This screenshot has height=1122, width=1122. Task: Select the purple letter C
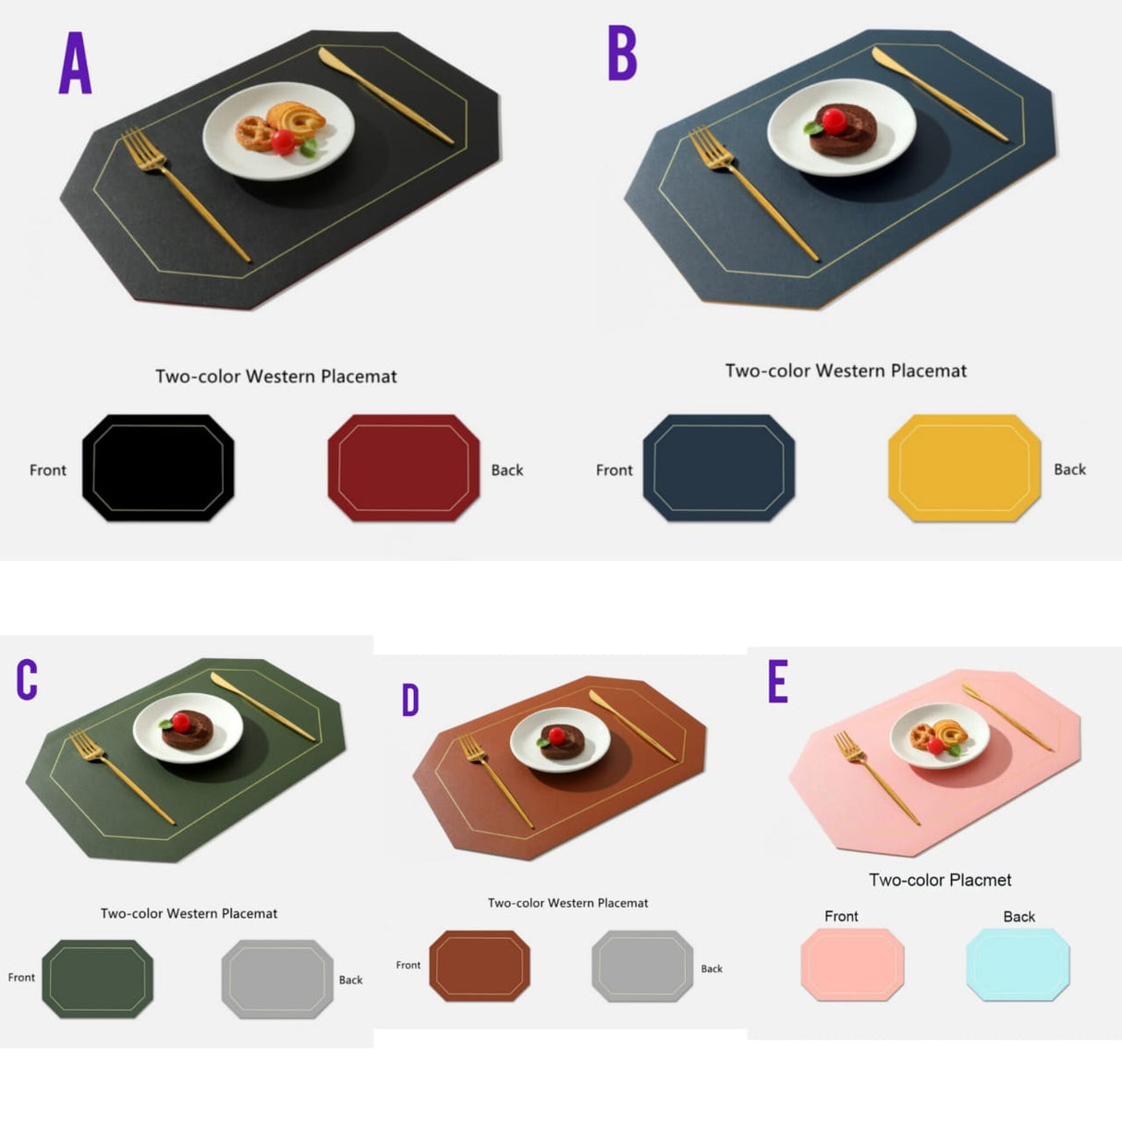27,679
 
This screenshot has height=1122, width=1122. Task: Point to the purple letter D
410,701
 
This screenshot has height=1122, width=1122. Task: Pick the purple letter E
778,682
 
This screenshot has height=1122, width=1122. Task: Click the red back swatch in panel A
404,468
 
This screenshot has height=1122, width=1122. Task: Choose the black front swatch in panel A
158,468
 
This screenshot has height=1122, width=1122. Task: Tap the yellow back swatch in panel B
964,468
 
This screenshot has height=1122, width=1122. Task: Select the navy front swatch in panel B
718,468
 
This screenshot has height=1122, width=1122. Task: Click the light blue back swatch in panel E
1018,965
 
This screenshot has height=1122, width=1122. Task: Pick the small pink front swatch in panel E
852,965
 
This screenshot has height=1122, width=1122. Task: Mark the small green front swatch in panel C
97,979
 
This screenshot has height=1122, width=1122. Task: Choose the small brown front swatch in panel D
480,966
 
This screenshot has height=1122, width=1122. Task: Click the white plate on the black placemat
278,130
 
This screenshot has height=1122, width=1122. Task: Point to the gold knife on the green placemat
262,706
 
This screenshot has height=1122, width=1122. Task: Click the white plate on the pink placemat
940,736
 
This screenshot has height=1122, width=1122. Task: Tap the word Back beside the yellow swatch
1069,470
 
